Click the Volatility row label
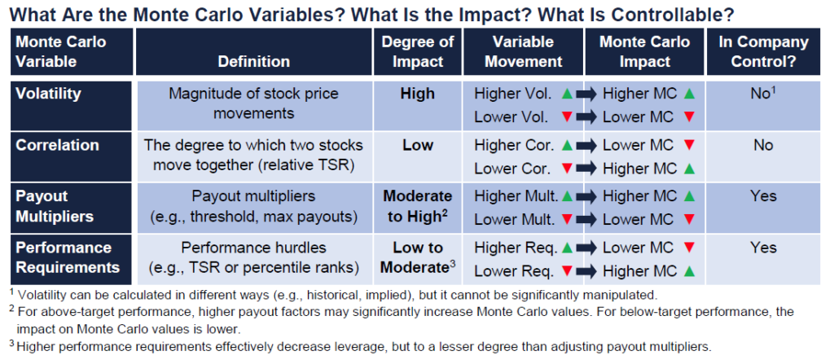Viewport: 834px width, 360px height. pyautogui.click(x=48, y=94)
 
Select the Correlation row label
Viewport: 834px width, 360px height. pyautogui.click(x=58, y=145)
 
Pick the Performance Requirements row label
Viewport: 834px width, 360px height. pyautogui.click(x=68, y=257)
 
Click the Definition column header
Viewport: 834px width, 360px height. pyautogui.click(x=254, y=62)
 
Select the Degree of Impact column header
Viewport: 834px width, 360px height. pyautogui.click(x=418, y=51)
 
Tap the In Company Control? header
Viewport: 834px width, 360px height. pyautogui.click(x=764, y=51)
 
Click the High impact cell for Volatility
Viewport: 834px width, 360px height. pyautogui.click(x=418, y=94)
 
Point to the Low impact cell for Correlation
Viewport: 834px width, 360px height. pyautogui.click(x=418, y=145)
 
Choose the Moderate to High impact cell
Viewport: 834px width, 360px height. pyautogui.click(x=418, y=206)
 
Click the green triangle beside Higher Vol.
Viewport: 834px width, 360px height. pyautogui.click(x=567, y=94)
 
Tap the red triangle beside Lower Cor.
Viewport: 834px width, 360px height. pyautogui.click(x=567, y=168)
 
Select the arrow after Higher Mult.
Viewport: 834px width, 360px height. pyautogui.click(x=586, y=197)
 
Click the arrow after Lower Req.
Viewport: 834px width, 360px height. pyautogui.click(x=586, y=272)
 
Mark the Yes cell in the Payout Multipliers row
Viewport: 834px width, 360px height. pyautogui.click(x=764, y=196)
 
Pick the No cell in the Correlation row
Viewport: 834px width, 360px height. pyautogui.click(x=764, y=145)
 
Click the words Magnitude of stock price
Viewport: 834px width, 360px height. pyautogui.click(x=254, y=94)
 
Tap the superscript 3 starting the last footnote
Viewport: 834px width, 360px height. pyautogui.click(x=11, y=343)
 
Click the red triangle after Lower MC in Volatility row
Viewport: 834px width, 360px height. pyautogui.click(x=690, y=116)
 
